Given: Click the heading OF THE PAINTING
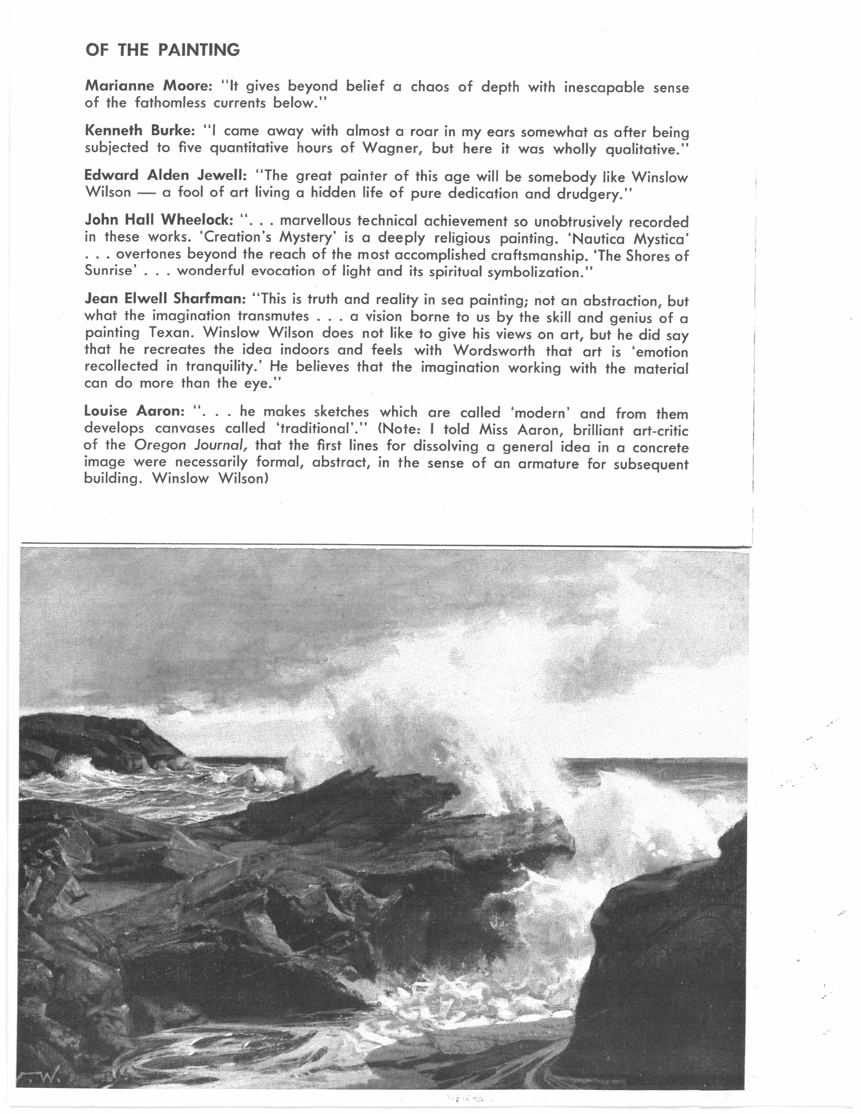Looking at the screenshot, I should [x=162, y=50].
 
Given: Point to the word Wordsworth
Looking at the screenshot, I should [x=494, y=351].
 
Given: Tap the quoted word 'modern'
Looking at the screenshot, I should [x=541, y=413].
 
